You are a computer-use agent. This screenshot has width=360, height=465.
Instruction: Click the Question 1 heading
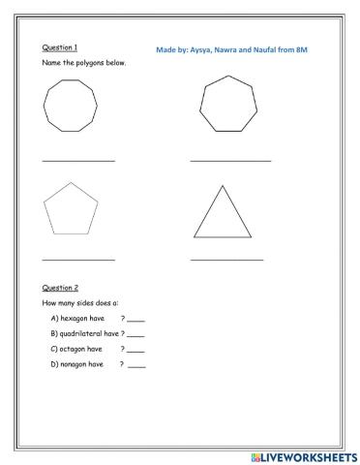60,46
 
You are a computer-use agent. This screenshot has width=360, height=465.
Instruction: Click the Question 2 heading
60,288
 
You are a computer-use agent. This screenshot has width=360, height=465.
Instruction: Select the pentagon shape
72,208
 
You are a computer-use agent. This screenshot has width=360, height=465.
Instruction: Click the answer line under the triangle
226,260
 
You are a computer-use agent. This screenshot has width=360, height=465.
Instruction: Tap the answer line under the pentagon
78,260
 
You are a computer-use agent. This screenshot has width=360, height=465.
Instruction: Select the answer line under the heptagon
230,160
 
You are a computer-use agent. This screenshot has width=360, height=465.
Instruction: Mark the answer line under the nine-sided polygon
78,160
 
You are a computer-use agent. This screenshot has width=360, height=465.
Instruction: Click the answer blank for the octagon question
135,351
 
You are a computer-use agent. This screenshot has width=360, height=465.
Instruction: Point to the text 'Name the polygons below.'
84,63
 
